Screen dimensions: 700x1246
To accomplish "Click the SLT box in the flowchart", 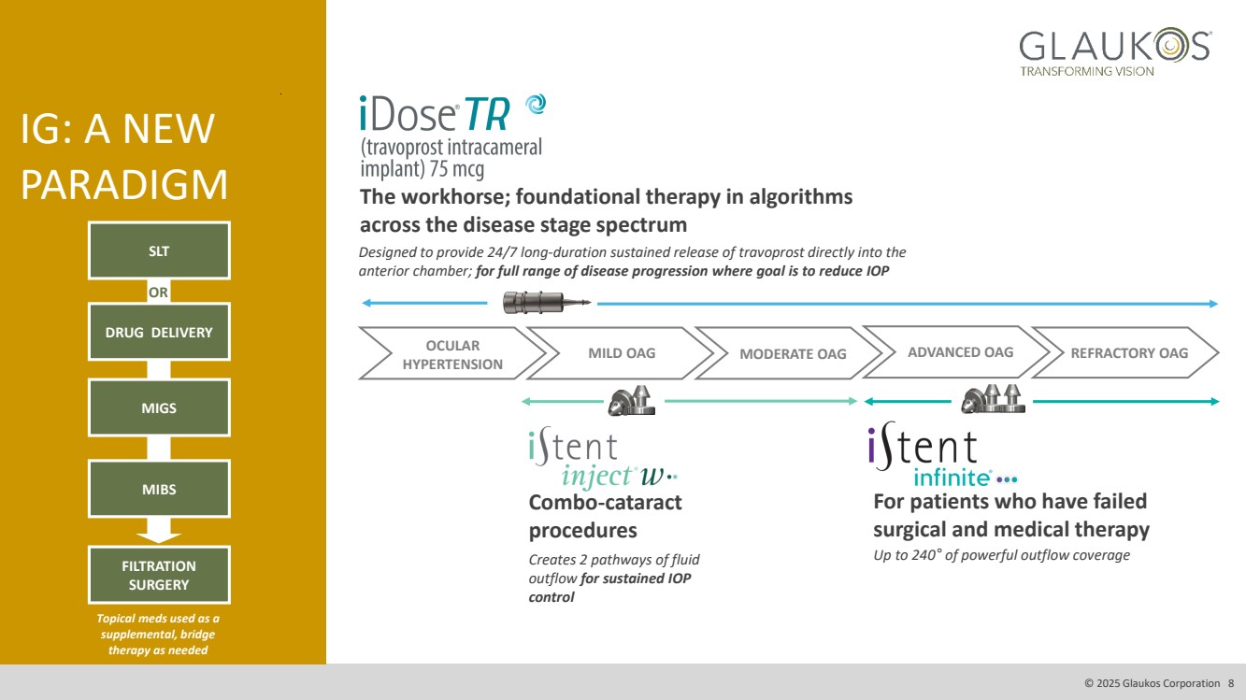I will pos(159,250).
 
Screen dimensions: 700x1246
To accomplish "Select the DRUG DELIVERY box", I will pos(159,333).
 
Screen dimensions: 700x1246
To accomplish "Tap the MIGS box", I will pos(159,407).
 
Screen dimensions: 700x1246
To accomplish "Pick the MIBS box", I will pos(159,489).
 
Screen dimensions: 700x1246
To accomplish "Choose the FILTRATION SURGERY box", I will pos(159,576).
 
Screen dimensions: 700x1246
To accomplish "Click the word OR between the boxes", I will pos(159,293).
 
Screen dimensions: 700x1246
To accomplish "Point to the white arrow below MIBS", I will pos(159,531).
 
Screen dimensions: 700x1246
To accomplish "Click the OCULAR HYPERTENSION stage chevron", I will pos(451,354).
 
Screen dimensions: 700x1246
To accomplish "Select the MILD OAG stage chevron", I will pos(621,353).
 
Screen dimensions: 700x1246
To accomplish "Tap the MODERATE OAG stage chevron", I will pos(792,353).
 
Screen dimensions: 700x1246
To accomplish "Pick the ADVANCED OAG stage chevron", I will pos(960,352).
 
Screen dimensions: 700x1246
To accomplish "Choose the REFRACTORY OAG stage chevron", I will pos(1128,352).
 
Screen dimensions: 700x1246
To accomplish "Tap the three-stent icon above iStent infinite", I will pos(995,399).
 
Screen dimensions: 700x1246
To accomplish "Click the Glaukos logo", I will pos(1114,51).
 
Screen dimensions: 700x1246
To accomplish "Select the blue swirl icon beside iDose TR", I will pos(536,105).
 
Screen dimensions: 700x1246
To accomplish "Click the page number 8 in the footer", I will pos(1231,683).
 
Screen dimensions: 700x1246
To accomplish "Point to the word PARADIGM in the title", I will pos(124,185).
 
